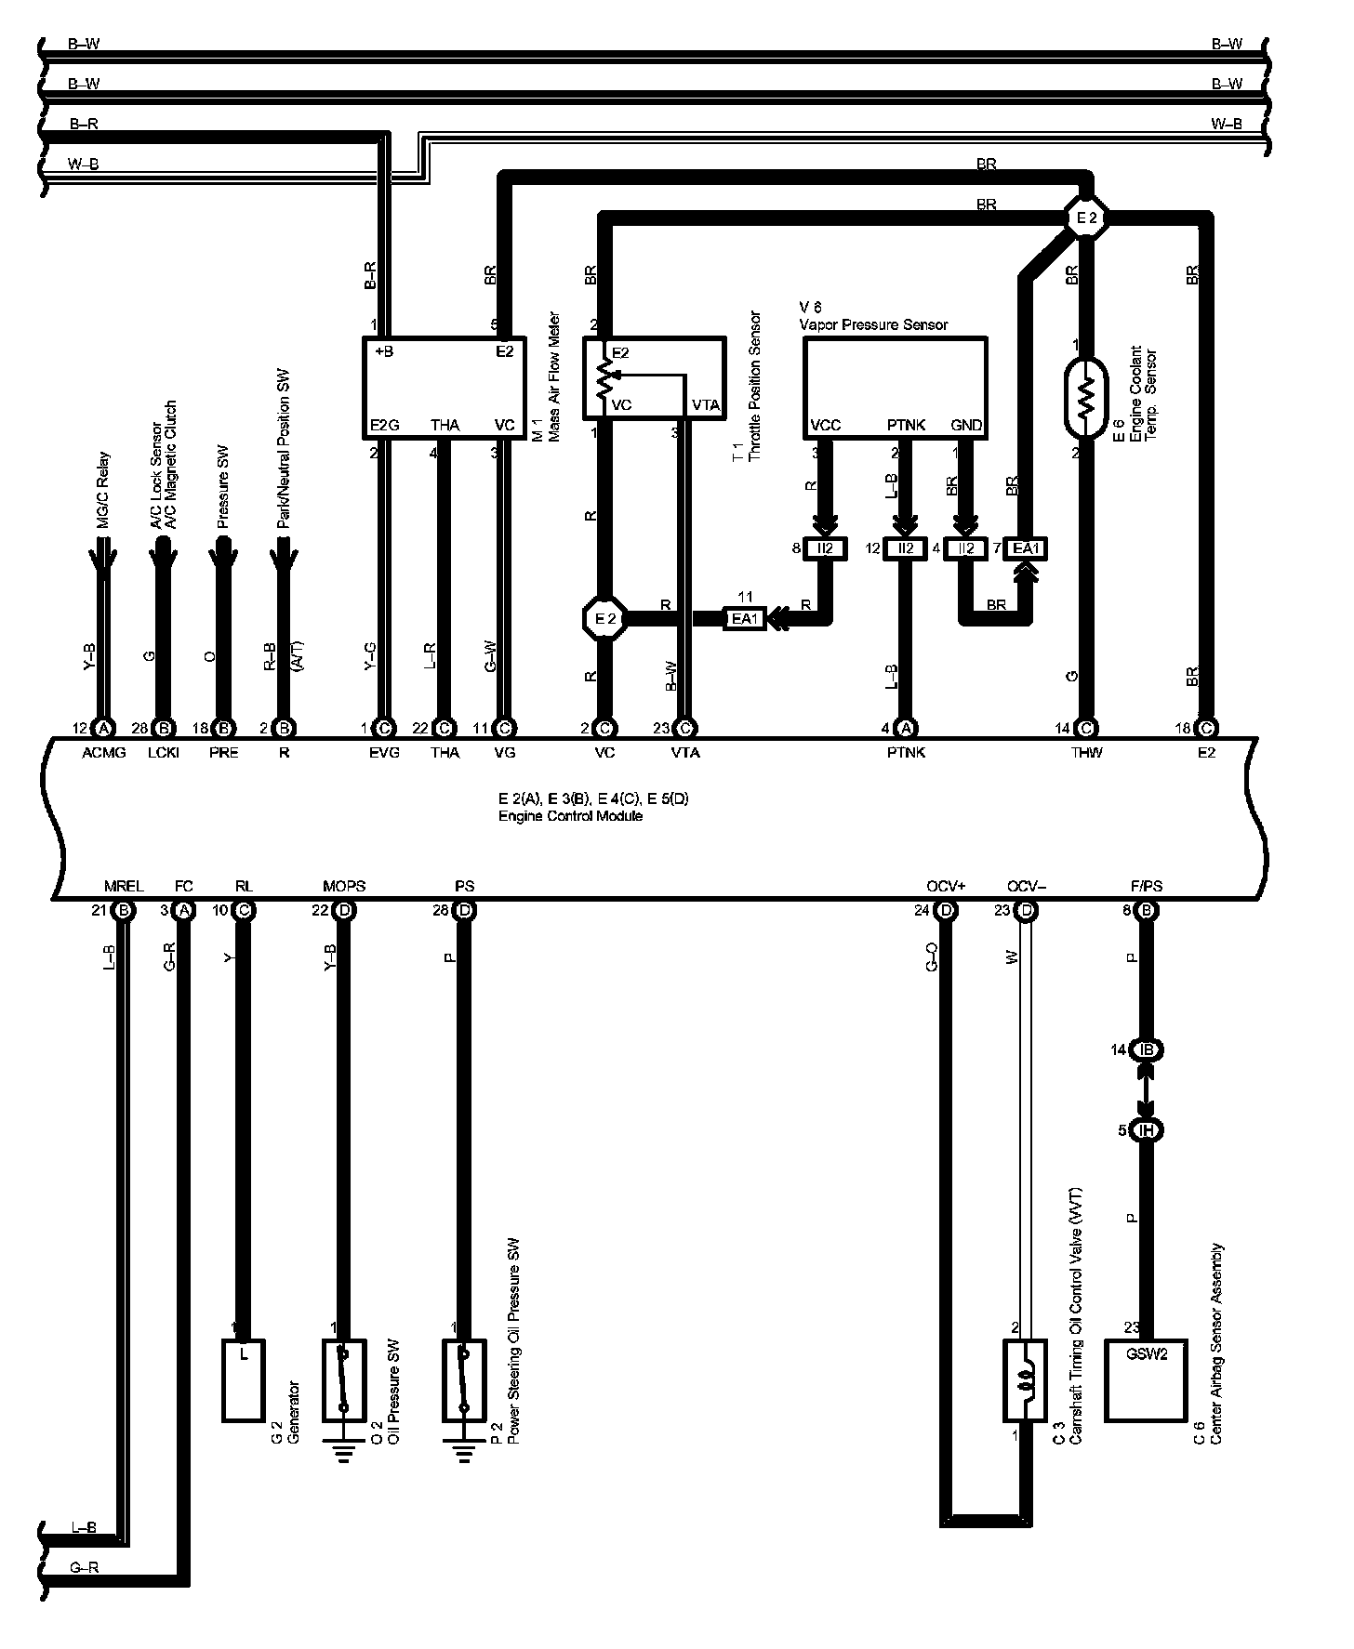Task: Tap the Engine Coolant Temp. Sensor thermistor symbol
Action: click(1084, 397)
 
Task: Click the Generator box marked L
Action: click(244, 1379)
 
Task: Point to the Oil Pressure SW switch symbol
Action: click(344, 1379)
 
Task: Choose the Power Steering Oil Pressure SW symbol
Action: click(464, 1379)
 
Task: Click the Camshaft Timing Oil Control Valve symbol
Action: click(1026, 1379)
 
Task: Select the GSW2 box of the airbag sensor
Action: click(1146, 1379)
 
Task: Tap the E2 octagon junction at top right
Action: click(1086, 219)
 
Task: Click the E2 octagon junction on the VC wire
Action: click(604, 618)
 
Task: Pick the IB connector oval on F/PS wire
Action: click(1147, 1049)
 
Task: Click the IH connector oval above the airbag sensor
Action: click(1147, 1130)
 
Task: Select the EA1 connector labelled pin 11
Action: click(745, 618)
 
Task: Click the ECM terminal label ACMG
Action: click(103, 753)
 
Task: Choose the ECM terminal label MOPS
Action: click(344, 886)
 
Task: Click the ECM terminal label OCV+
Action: click(947, 886)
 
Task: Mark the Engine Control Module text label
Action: click(570, 816)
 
